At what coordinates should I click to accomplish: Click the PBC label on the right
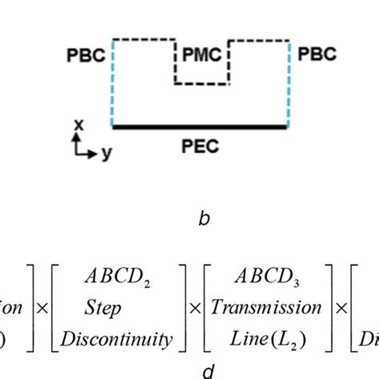(x=317, y=54)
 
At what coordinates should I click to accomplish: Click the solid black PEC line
(x=200, y=126)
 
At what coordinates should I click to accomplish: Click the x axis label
(x=78, y=124)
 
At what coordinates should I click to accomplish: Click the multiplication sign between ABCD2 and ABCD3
(x=199, y=308)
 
